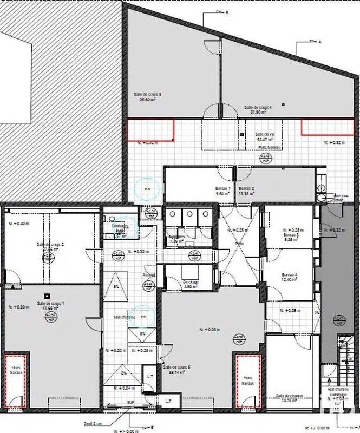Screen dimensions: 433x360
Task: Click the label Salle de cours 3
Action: click(x=148, y=95)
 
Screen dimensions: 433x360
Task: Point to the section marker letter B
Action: click(x=227, y=12)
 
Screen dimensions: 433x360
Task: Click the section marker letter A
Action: click(x=320, y=42)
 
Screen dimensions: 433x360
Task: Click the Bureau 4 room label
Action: click(x=289, y=275)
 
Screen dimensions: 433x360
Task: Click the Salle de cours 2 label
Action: click(x=50, y=245)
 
